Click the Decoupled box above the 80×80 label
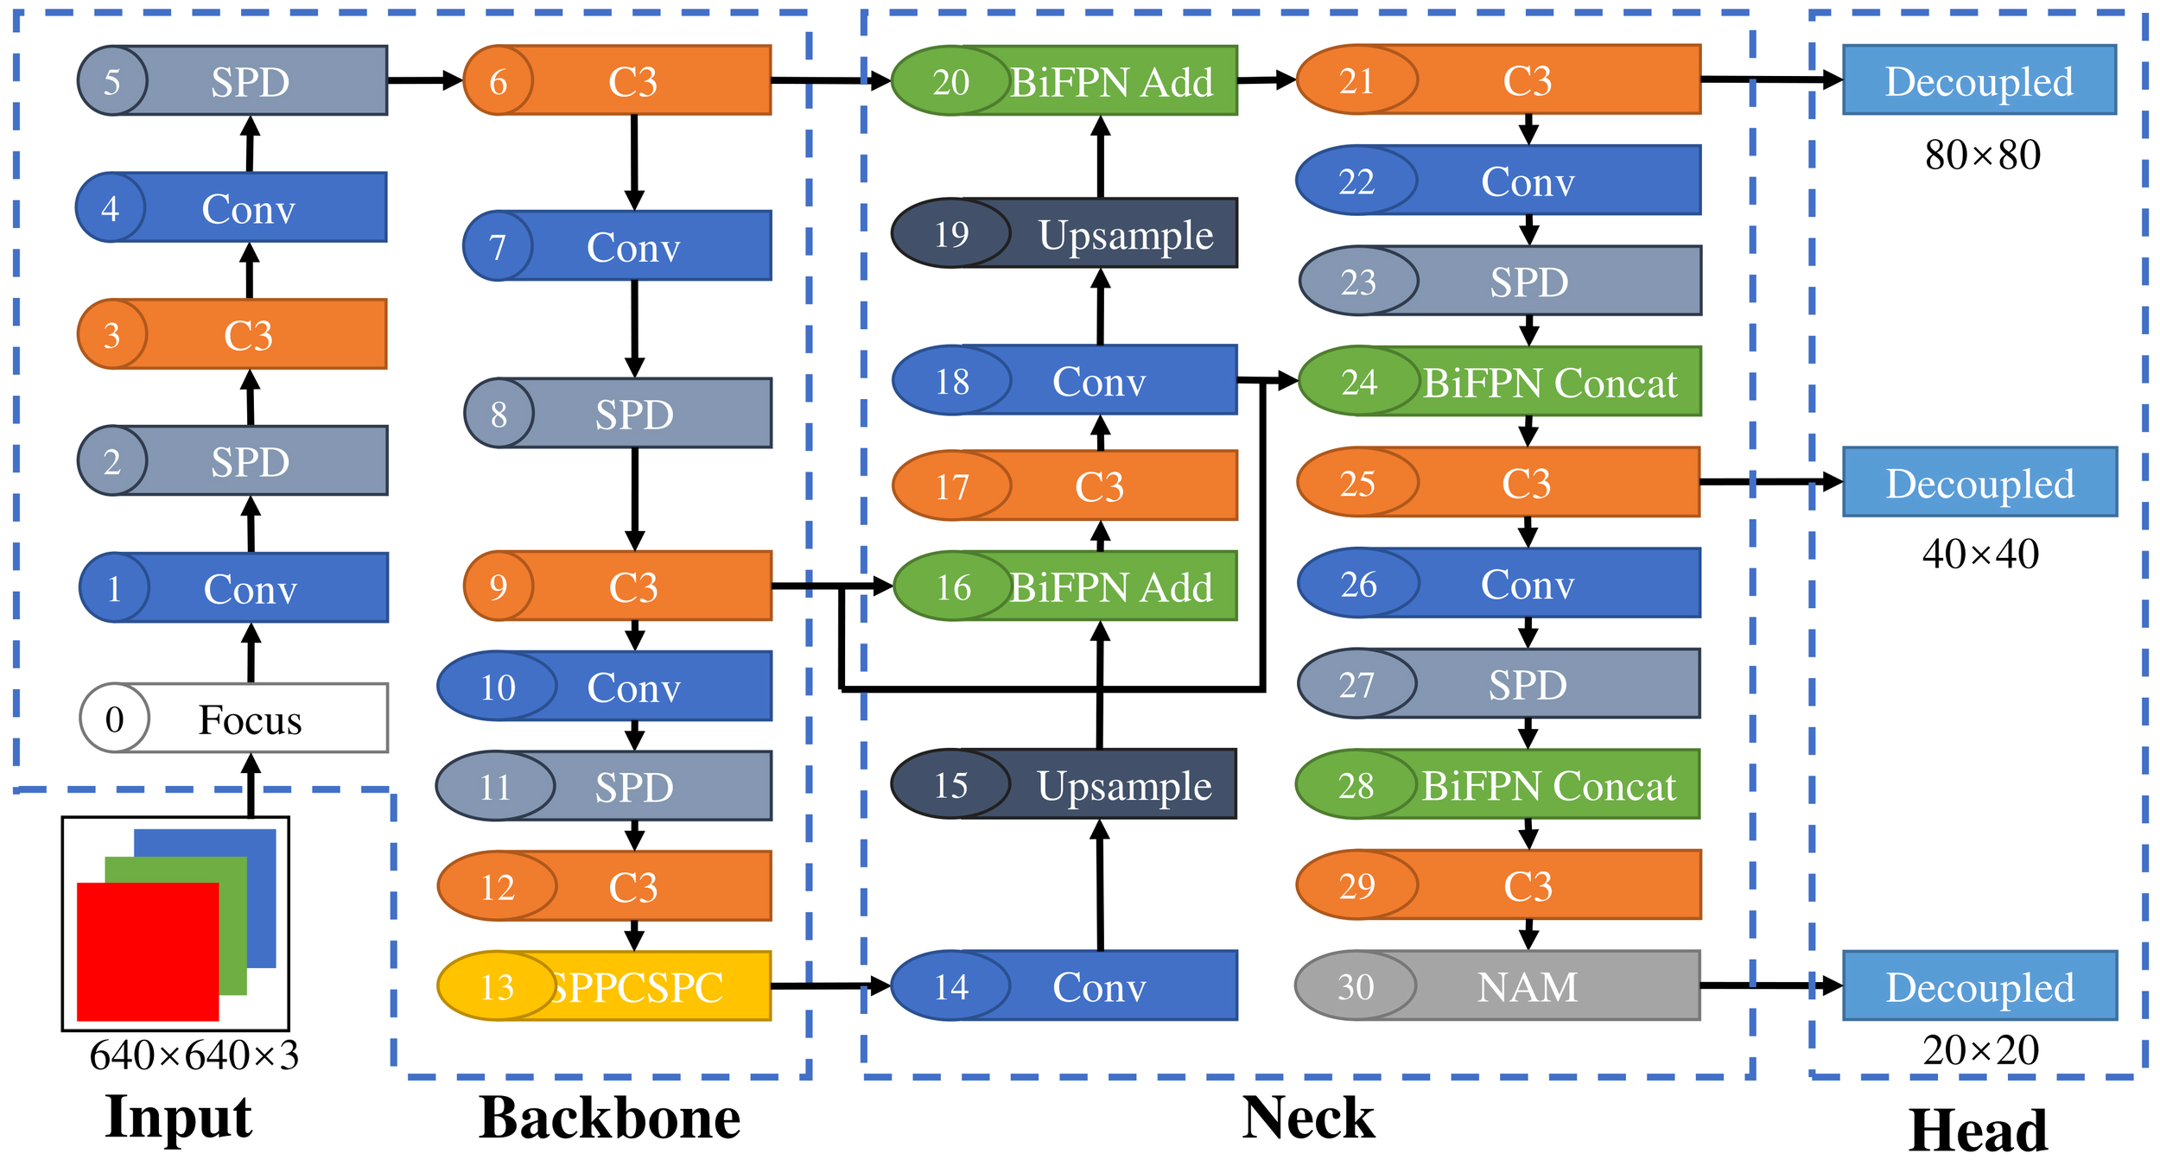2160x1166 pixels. [x=1979, y=80]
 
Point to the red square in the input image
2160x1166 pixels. [x=147, y=950]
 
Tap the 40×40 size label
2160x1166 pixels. [x=1980, y=554]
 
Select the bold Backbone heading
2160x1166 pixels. [x=609, y=1119]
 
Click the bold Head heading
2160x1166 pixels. [x=1979, y=1131]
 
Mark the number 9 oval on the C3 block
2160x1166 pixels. [x=499, y=586]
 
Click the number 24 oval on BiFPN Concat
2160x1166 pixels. [x=1359, y=382]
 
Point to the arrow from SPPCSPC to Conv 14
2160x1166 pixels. [x=829, y=985]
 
